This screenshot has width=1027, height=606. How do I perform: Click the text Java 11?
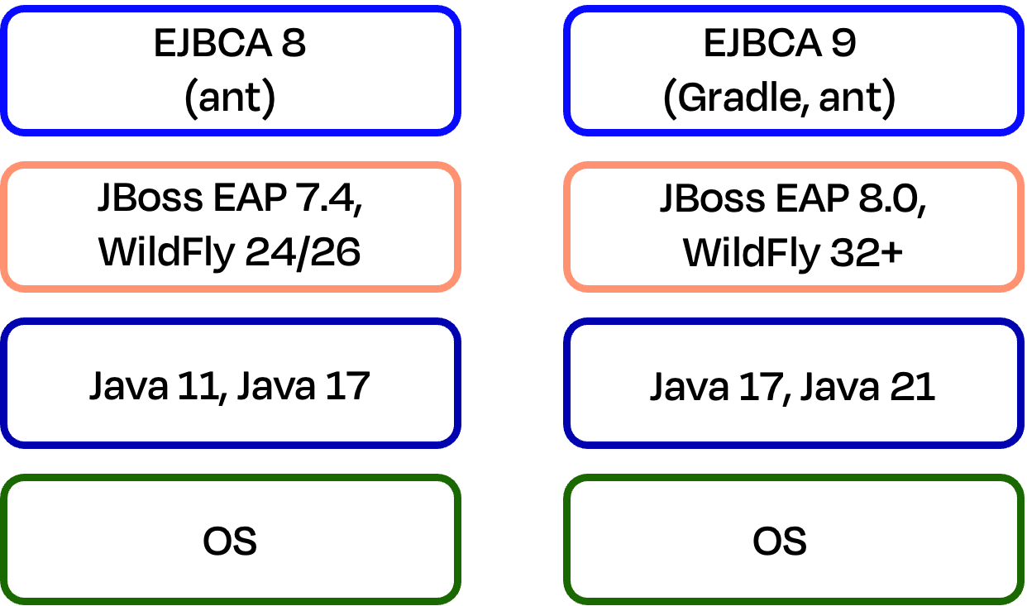(157, 385)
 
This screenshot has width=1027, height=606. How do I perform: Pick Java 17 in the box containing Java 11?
(303, 385)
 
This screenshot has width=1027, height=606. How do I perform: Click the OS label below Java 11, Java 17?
(230, 542)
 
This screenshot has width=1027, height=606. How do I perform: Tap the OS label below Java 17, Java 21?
(780, 542)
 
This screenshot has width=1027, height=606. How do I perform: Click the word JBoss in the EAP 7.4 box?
(150, 199)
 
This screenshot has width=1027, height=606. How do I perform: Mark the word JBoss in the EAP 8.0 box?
(710, 199)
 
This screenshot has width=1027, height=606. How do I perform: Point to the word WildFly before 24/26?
(166, 252)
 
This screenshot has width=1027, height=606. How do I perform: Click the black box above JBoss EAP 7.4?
(230, 70)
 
